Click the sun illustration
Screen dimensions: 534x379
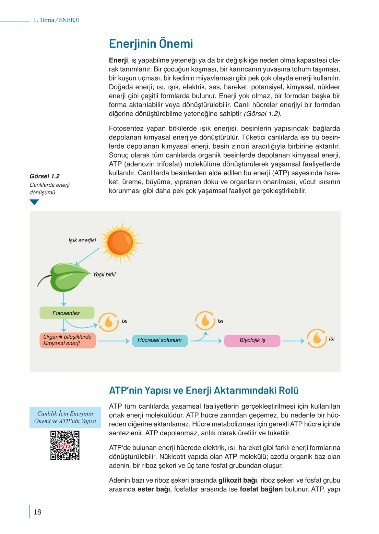click(120, 243)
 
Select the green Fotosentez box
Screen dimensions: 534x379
click(67, 313)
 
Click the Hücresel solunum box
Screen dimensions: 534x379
click(160, 340)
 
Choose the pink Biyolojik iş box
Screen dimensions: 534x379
click(252, 340)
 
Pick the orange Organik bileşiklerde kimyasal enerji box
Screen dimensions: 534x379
click(67, 340)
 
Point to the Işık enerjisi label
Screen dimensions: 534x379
click(82, 240)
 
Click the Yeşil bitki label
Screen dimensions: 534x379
click(104, 274)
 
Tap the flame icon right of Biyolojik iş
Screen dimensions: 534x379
click(317, 338)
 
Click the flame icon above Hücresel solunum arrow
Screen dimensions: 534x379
click(205, 321)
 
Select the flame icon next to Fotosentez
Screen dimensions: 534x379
click(109, 322)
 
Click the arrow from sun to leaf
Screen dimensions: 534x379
click(87, 257)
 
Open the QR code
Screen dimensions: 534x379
click(65, 445)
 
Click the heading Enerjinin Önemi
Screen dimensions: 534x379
click(151, 44)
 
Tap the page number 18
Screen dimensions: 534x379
click(37, 512)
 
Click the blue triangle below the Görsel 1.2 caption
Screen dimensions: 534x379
click(34, 202)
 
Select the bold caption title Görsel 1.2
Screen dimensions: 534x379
click(45, 176)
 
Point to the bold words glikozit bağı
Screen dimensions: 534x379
click(237, 480)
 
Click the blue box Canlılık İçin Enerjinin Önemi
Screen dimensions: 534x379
click(65, 417)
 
